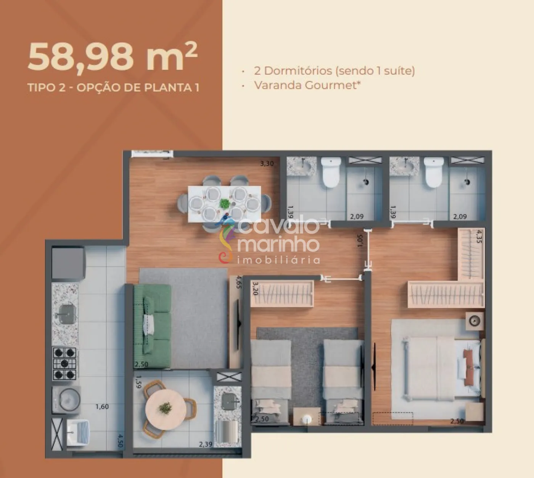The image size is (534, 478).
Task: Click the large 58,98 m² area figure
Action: [113, 57]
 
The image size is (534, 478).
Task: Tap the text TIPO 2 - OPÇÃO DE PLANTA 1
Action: [113, 88]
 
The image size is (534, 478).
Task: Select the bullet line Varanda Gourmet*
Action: [307, 85]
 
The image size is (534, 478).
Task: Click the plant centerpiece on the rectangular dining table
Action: [225, 203]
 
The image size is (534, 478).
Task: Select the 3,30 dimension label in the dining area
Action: [267, 164]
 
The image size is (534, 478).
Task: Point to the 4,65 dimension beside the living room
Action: [239, 282]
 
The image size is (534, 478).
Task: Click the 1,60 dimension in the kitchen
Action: [102, 407]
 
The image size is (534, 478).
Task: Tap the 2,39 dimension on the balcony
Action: [205, 444]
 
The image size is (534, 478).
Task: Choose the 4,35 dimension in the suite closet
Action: [479, 236]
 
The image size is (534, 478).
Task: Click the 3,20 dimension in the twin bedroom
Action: [255, 289]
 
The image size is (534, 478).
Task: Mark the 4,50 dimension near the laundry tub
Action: [120, 441]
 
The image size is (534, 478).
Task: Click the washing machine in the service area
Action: [66, 399]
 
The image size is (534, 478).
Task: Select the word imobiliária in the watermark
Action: [278, 260]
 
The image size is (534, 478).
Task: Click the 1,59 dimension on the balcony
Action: [138, 383]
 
